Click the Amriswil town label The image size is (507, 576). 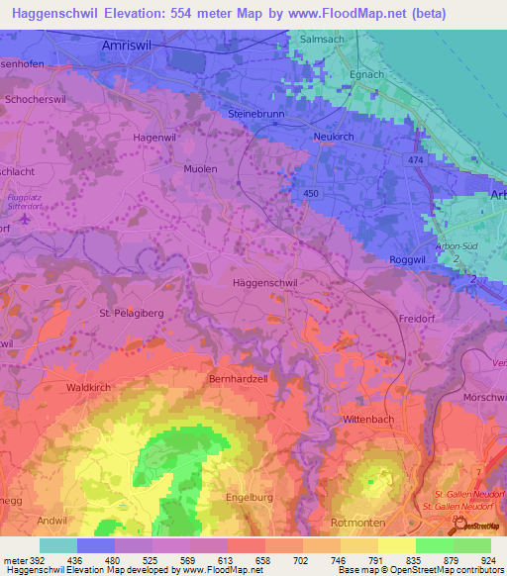(131, 46)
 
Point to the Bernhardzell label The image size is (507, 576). (238, 379)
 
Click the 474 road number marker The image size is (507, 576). (413, 158)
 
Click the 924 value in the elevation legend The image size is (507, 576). (486, 560)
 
